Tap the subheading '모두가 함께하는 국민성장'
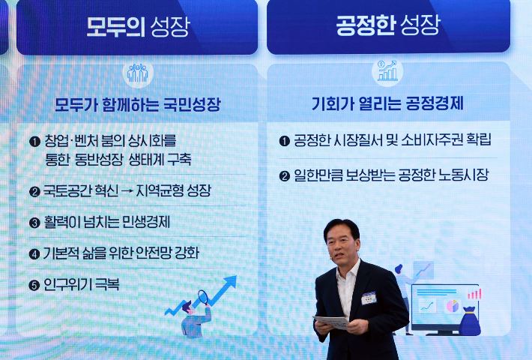point(137,104)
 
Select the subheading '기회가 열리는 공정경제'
point(387,103)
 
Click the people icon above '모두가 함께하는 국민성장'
point(137,73)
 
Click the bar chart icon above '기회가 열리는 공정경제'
point(387,72)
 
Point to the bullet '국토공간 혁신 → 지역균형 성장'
point(127,191)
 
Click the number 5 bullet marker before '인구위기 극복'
point(34,285)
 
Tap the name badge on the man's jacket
point(369,298)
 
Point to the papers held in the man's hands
point(331,322)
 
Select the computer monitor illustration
point(444,306)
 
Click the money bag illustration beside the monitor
point(470,321)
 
